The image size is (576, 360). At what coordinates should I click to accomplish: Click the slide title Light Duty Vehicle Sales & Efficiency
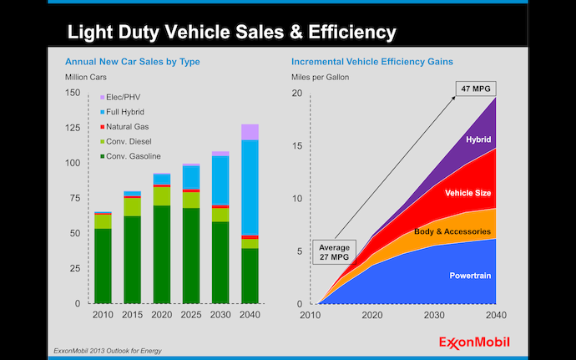(x=230, y=33)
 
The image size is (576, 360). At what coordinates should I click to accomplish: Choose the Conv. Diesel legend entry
(x=126, y=142)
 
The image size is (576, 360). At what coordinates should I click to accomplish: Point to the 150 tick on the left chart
(x=73, y=93)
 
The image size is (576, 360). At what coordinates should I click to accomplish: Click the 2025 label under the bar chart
(x=191, y=315)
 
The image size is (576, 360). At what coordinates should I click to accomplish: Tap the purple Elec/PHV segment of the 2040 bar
(x=250, y=132)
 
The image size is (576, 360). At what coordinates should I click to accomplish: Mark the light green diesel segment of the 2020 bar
(x=162, y=195)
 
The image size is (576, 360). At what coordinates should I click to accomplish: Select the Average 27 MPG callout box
(x=335, y=252)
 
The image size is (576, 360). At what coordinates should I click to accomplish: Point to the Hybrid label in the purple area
(x=478, y=139)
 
